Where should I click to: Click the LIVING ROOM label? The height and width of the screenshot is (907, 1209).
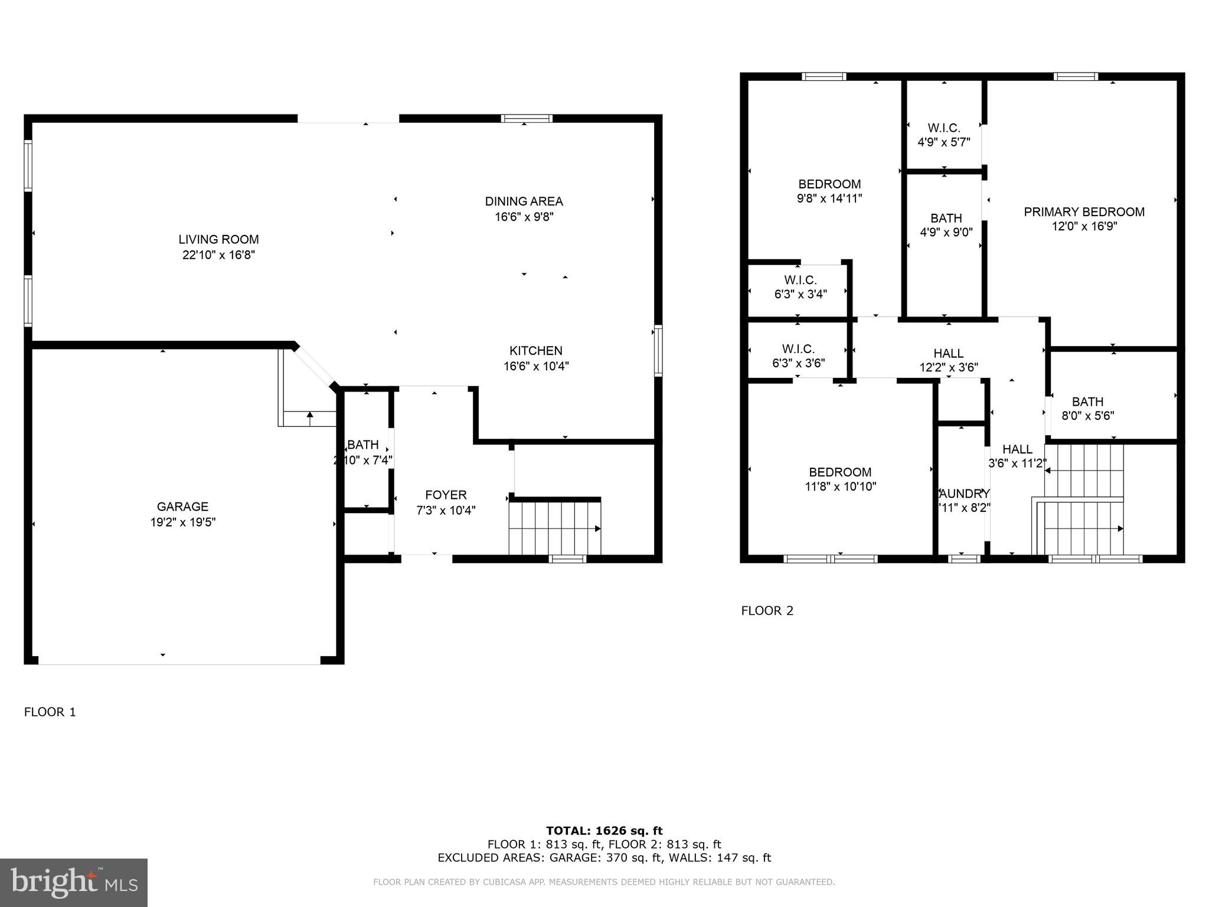(x=218, y=239)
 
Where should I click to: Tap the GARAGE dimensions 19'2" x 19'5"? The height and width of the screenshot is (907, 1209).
(x=183, y=522)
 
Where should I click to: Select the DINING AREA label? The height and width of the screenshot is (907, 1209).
(x=524, y=201)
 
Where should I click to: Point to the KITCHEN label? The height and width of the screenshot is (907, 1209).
(x=536, y=351)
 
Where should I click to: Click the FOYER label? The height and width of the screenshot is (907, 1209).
(x=446, y=495)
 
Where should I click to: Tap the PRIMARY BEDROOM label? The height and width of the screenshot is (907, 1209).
(x=1084, y=212)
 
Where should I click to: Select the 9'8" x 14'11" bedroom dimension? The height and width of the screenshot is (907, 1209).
(x=829, y=198)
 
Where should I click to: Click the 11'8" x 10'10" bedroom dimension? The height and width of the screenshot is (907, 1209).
(x=840, y=487)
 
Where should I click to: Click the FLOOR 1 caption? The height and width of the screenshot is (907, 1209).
(x=50, y=712)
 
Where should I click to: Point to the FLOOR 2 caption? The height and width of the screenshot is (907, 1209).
(x=767, y=611)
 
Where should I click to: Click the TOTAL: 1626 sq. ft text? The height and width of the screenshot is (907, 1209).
(x=604, y=831)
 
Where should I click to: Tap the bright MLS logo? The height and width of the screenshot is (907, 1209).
(x=74, y=882)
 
